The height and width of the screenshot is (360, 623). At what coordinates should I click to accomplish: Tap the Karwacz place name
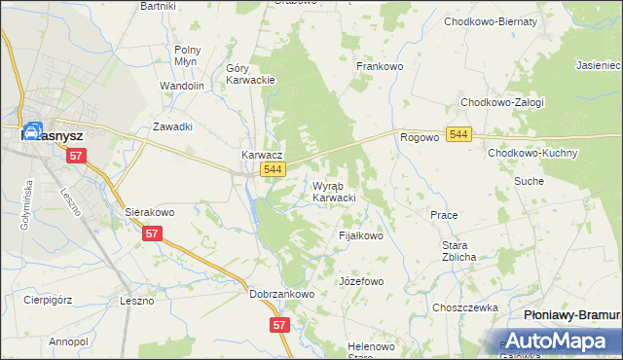click(x=262, y=155)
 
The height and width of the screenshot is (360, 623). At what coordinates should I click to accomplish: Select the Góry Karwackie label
click(x=251, y=75)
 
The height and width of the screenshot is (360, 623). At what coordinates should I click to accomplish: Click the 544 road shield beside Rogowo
click(x=460, y=133)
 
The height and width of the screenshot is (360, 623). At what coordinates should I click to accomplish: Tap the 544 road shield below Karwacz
click(x=274, y=170)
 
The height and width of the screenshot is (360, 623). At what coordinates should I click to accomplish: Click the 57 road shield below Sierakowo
click(x=152, y=234)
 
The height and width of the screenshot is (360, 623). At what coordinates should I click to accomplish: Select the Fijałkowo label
click(x=361, y=235)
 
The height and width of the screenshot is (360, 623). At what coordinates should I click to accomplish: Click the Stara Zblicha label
click(x=458, y=252)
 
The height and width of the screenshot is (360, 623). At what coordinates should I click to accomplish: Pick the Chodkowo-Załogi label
click(x=502, y=102)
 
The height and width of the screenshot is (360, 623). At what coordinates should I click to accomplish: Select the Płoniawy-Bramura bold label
click(x=571, y=316)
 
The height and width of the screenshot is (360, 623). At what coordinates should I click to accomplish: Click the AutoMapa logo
click(x=559, y=342)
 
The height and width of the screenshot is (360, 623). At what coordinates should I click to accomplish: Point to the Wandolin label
click(x=182, y=86)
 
